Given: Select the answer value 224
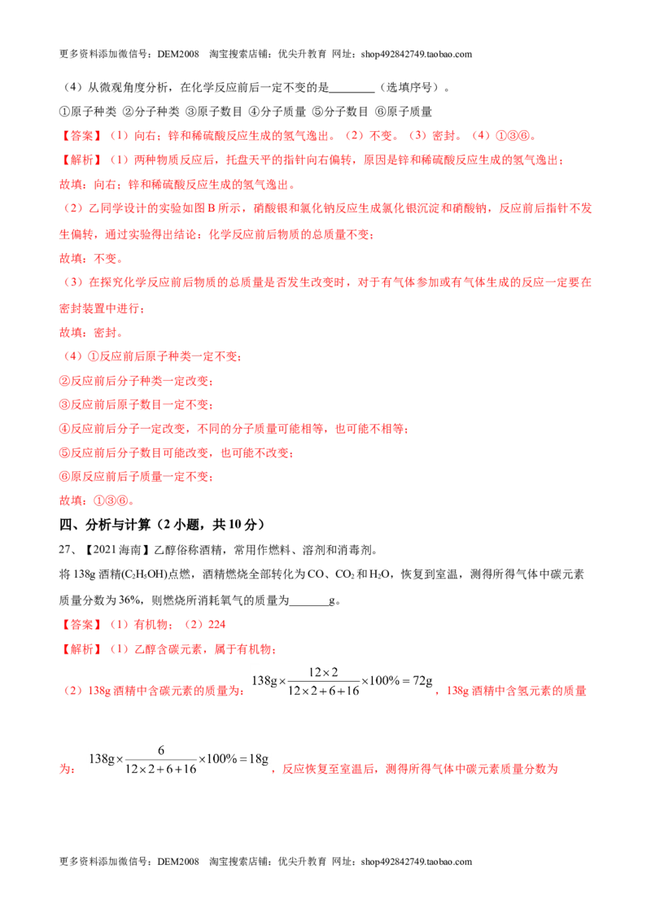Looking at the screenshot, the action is [216, 624].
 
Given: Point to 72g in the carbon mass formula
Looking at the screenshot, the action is [422, 681].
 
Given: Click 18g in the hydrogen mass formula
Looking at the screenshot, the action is [259, 759].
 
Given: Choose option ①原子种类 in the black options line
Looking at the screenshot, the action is [88, 111].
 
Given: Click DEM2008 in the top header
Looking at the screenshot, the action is [178, 54].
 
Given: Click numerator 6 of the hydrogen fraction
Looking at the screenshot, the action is [161, 750].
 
